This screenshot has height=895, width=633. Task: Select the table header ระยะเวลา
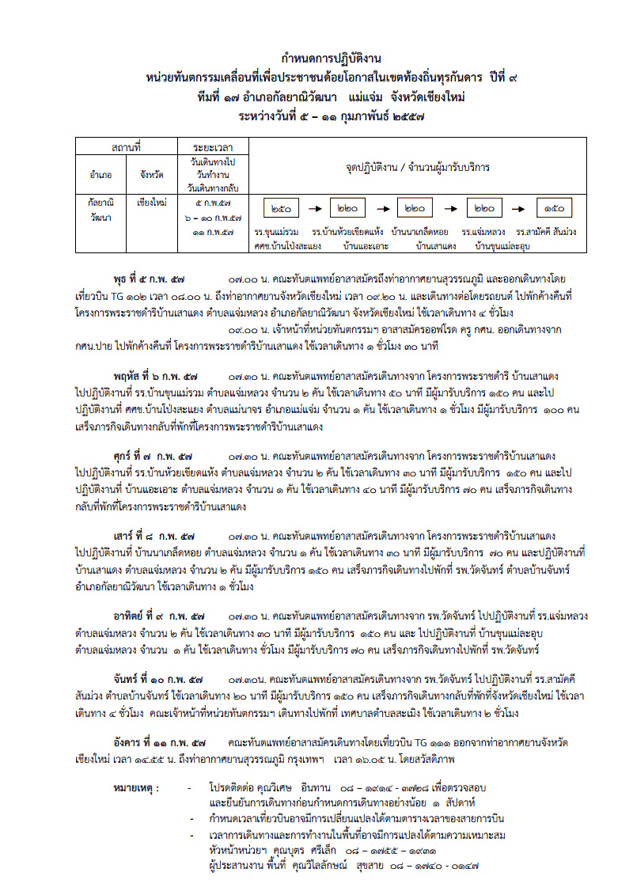212,147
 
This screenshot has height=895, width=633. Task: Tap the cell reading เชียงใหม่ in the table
151,203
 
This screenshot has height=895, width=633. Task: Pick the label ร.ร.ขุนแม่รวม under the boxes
276,233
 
